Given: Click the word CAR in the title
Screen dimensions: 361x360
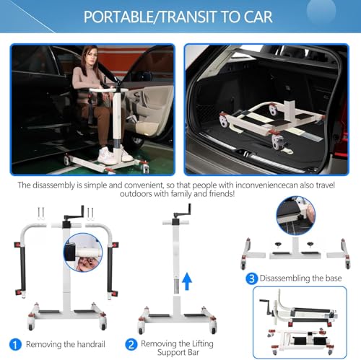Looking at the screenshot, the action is click(258, 17).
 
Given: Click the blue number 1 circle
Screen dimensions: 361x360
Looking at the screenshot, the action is click(15, 344).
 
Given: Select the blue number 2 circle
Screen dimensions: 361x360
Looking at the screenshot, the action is click(131, 344).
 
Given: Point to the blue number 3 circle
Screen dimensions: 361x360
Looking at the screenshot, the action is click(251, 278).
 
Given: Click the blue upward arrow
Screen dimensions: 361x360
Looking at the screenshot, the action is click(187, 281).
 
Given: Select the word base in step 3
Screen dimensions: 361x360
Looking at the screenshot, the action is click(334, 278).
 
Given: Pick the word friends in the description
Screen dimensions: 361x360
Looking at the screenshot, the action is click(221, 193).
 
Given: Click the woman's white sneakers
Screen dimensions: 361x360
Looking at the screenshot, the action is click(114, 155).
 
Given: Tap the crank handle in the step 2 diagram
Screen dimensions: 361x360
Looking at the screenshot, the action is click(183, 211).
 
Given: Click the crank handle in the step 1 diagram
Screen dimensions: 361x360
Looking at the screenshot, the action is click(74, 214).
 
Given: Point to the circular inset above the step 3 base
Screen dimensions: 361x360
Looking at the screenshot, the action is click(296, 216).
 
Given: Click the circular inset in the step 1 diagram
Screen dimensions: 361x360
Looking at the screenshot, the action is click(83, 253).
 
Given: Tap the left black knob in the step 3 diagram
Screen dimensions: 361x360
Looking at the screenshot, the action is click(279, 245).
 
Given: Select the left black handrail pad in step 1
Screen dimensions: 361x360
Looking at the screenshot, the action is click(22, 269).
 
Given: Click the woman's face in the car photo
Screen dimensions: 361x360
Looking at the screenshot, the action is click(91, 56).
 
